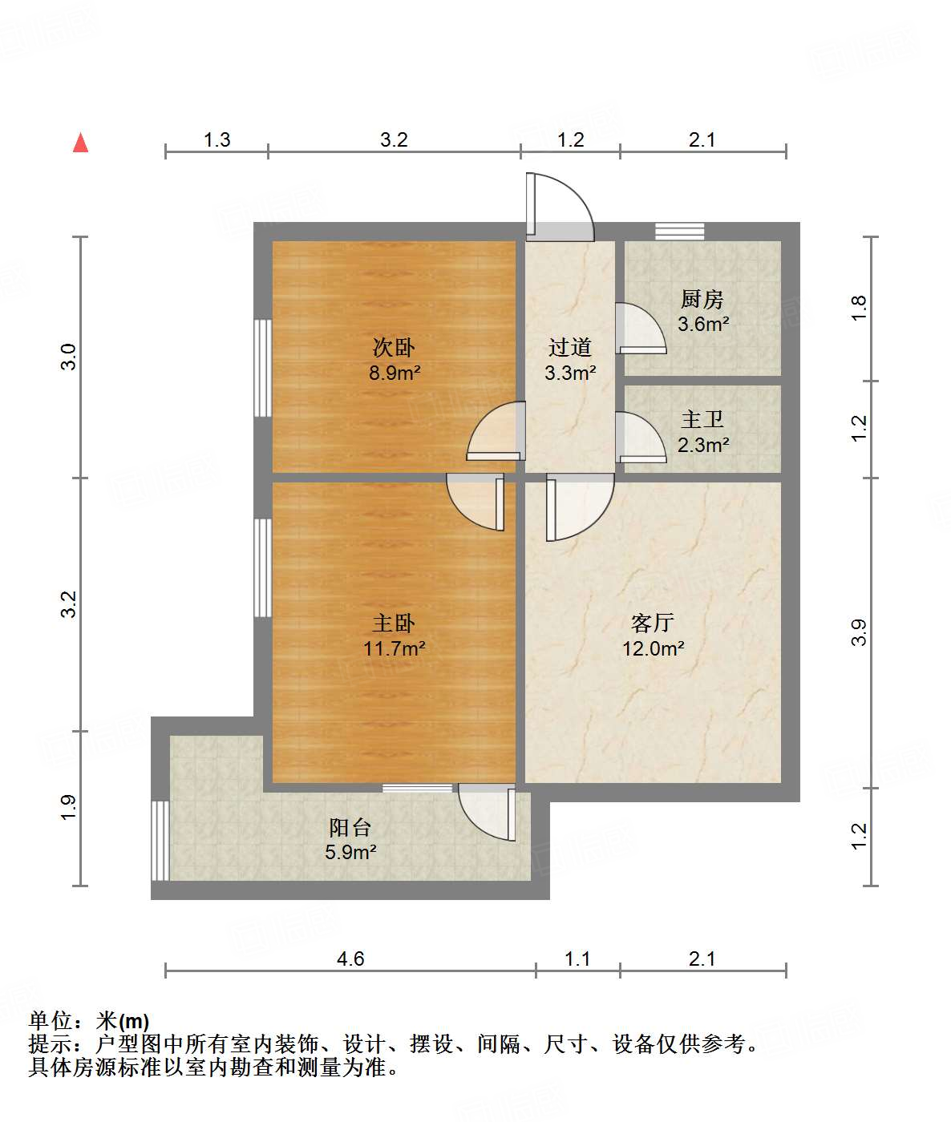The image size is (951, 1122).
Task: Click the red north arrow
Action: (x=80, y=143)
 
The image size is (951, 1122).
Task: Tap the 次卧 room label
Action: (x=394, y=348)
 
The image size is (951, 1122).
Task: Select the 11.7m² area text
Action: (x=394, y=648)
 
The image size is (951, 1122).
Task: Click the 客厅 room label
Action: (x=652, y=623)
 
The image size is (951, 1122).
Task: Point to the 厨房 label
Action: (x=702, y=300)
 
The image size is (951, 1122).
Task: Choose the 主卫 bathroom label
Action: (x=702, y=420)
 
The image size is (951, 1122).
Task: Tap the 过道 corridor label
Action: (x=569, y=348)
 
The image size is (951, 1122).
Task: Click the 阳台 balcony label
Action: (x=350, y=827)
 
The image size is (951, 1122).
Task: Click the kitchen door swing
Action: (x=639, y=329)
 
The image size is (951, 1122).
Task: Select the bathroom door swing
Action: (x=639, y=438)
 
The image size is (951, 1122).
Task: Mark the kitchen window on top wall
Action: (x=679, y=232)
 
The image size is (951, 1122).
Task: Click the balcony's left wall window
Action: (x=160, y=840)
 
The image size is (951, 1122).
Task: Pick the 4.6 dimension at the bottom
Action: (x=350, y=959)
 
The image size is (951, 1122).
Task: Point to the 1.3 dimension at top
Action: (x=217, y=140)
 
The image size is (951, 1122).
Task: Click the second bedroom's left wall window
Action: (x=262, y=368)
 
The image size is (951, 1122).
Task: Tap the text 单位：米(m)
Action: (x=89, y=1021)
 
